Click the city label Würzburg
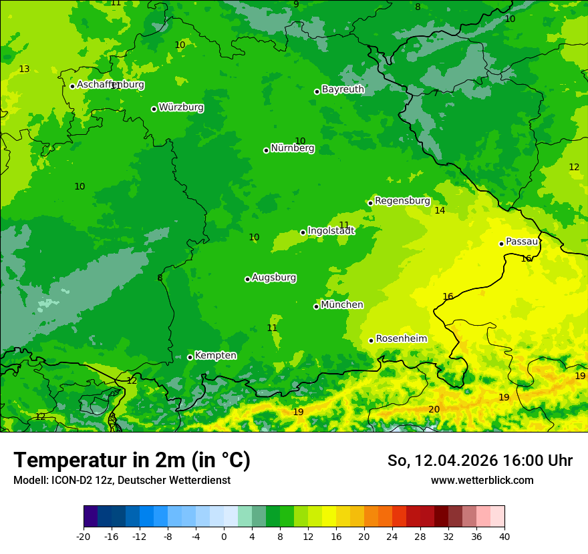tap(181, 107)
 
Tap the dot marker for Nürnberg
tap(266, 150)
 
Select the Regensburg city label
tap(402, 201)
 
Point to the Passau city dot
tap(501, 244)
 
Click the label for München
tap(342, 305)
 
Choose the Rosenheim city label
tap(401, 339)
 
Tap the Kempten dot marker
tap(190, 357)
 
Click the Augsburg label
tap(274, 278)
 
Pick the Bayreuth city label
tap(343, 89)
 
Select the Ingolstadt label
tap(331, 231)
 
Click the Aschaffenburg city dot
tap(72, 86)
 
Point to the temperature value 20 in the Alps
tap(434, 409)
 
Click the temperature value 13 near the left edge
tap(24, 69)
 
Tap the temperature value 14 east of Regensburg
tap(440, 211)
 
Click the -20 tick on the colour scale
tap(84, 536)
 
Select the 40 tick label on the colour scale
tap(504, 536)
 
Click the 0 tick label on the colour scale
tap(224, 536)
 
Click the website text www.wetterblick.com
tap(482, 481)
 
